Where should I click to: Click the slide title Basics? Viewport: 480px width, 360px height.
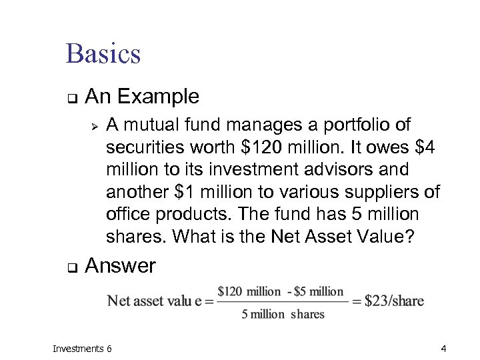103,53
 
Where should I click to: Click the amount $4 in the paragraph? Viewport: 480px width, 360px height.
423,147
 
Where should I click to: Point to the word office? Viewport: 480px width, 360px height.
126,215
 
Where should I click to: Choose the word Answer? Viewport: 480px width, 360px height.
121,266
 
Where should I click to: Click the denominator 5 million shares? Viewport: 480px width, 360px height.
283,314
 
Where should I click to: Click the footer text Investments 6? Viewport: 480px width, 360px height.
82,348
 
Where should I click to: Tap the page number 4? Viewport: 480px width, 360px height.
443,348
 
